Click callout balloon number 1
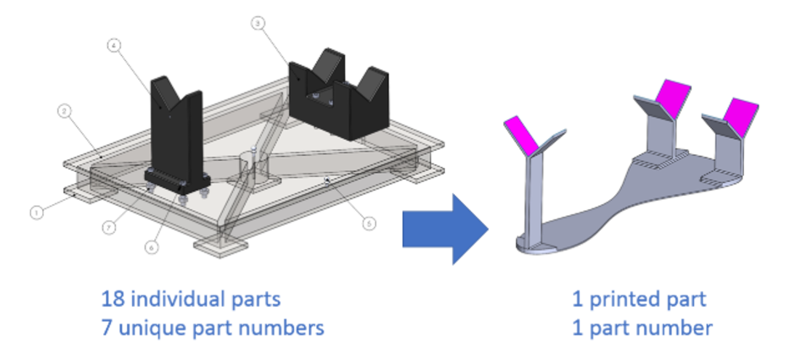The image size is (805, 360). pyautogui.click(x=36, y=213)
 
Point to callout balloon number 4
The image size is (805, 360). pyautogui.click(x=114, y=47)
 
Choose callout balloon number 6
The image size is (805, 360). pyautogui.click(x=152, y=248)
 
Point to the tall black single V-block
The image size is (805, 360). pyautogui.click(x=175, y=127)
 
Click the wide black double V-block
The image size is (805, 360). pyautogui.click(x=337, y=93)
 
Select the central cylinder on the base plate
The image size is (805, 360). pyautogui.click(x=252, y=165)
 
